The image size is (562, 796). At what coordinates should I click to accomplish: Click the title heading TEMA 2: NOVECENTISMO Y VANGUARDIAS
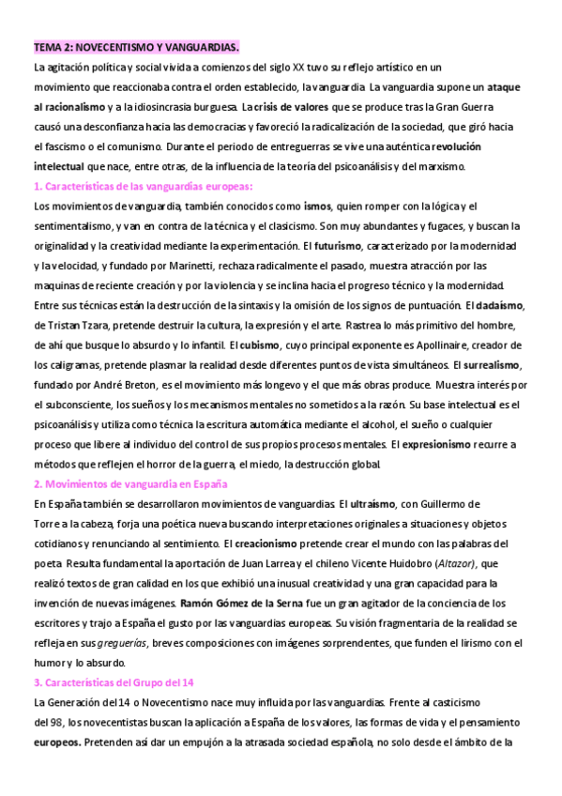coord(136,46)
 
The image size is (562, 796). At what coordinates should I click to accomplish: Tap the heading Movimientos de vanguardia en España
coord(130,484)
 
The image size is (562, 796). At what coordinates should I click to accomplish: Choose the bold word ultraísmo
coord(377,505)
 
